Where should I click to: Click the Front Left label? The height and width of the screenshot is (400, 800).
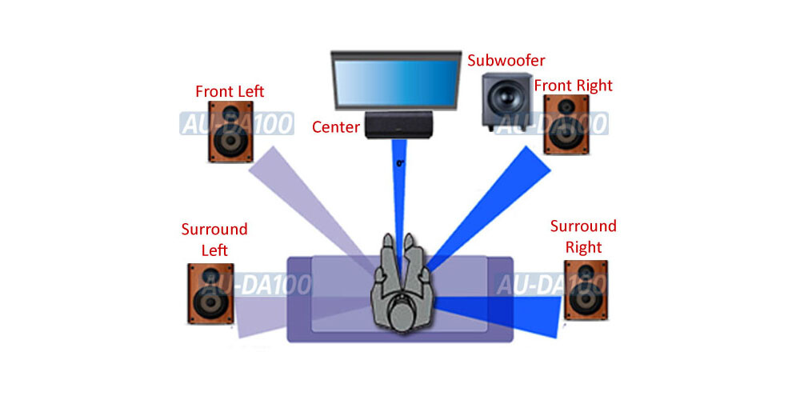(230, 91)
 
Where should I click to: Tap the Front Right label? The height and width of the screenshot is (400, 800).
(573, 86)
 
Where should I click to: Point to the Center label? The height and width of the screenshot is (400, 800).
(335, 126)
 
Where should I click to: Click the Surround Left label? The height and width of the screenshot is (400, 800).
(214, 239)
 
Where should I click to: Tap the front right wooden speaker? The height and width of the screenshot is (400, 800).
(566, 124)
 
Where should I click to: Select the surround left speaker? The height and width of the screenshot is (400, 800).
(210, 293)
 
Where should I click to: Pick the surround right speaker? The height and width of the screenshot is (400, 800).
(586, 290)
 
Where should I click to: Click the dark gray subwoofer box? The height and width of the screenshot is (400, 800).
(506, 100)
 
